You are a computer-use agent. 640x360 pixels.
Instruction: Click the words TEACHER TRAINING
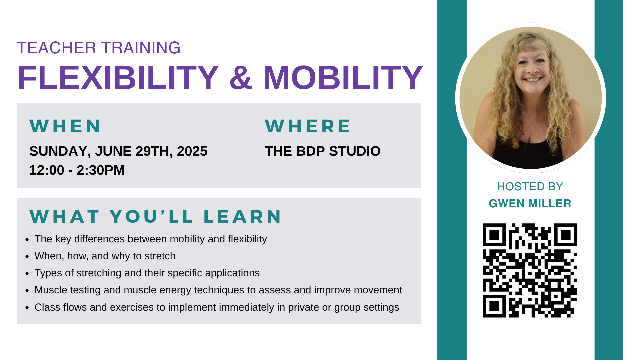tap(99, 48)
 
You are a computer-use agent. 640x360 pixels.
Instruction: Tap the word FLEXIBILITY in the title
tap(118, 78)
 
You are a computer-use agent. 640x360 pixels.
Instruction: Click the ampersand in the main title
tap(241, 78)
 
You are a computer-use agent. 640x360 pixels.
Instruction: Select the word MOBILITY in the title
tap(343, 78)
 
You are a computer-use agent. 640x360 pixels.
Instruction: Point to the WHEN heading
tap(65, 126)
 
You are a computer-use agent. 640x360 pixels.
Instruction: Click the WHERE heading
tap(308, 126)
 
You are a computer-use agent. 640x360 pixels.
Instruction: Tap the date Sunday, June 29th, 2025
tap(118, 151)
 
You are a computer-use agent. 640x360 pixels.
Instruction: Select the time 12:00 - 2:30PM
tap(77, 170)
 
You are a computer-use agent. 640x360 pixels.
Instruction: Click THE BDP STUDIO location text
tap(323, 151)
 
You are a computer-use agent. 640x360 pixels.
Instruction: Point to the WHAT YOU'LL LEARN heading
tap(156, 216)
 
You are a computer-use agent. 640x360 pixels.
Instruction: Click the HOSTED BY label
tap(530, 186)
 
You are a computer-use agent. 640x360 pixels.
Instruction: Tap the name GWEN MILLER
tap(530, 203)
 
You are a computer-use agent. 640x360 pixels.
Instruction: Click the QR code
tap(530, 270)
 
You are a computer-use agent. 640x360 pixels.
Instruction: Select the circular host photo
tap(531, 98)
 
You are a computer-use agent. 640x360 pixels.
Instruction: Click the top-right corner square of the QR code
tap(566, 235)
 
